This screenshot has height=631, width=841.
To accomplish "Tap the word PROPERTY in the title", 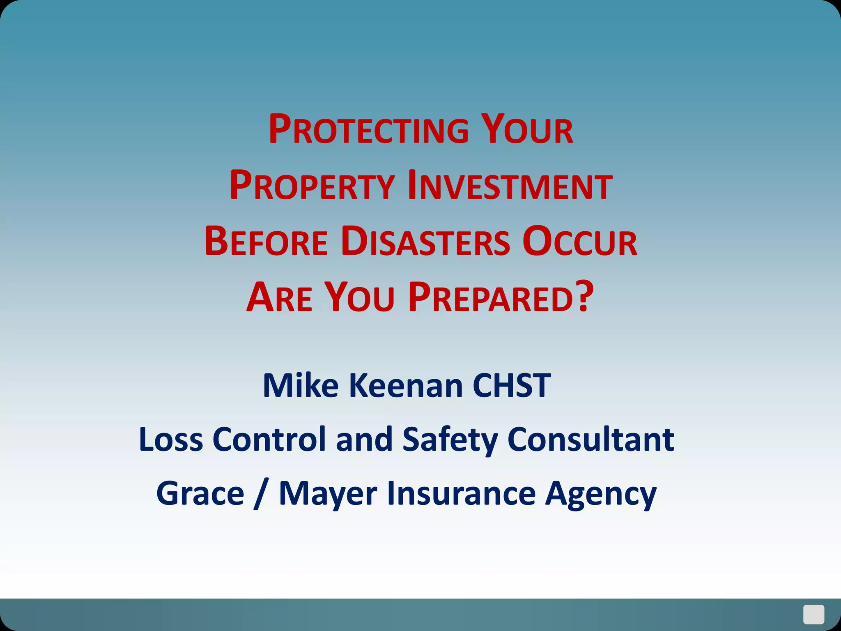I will [312, 186].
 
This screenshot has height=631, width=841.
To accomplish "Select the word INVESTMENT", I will [510, 186].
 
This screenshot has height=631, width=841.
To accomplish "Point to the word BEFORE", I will [266, 242].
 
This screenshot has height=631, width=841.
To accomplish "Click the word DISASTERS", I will [426, 242].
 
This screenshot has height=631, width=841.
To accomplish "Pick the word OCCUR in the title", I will [580, 242].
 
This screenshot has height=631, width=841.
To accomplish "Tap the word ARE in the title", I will [279, 298].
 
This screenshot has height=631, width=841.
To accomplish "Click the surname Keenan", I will [406, 386].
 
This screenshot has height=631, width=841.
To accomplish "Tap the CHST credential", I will [511, 386].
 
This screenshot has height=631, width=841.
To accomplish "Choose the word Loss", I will [171, 440].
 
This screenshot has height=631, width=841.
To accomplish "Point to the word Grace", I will [200, 493].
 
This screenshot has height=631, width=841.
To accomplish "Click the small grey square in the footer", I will [813, 614].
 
